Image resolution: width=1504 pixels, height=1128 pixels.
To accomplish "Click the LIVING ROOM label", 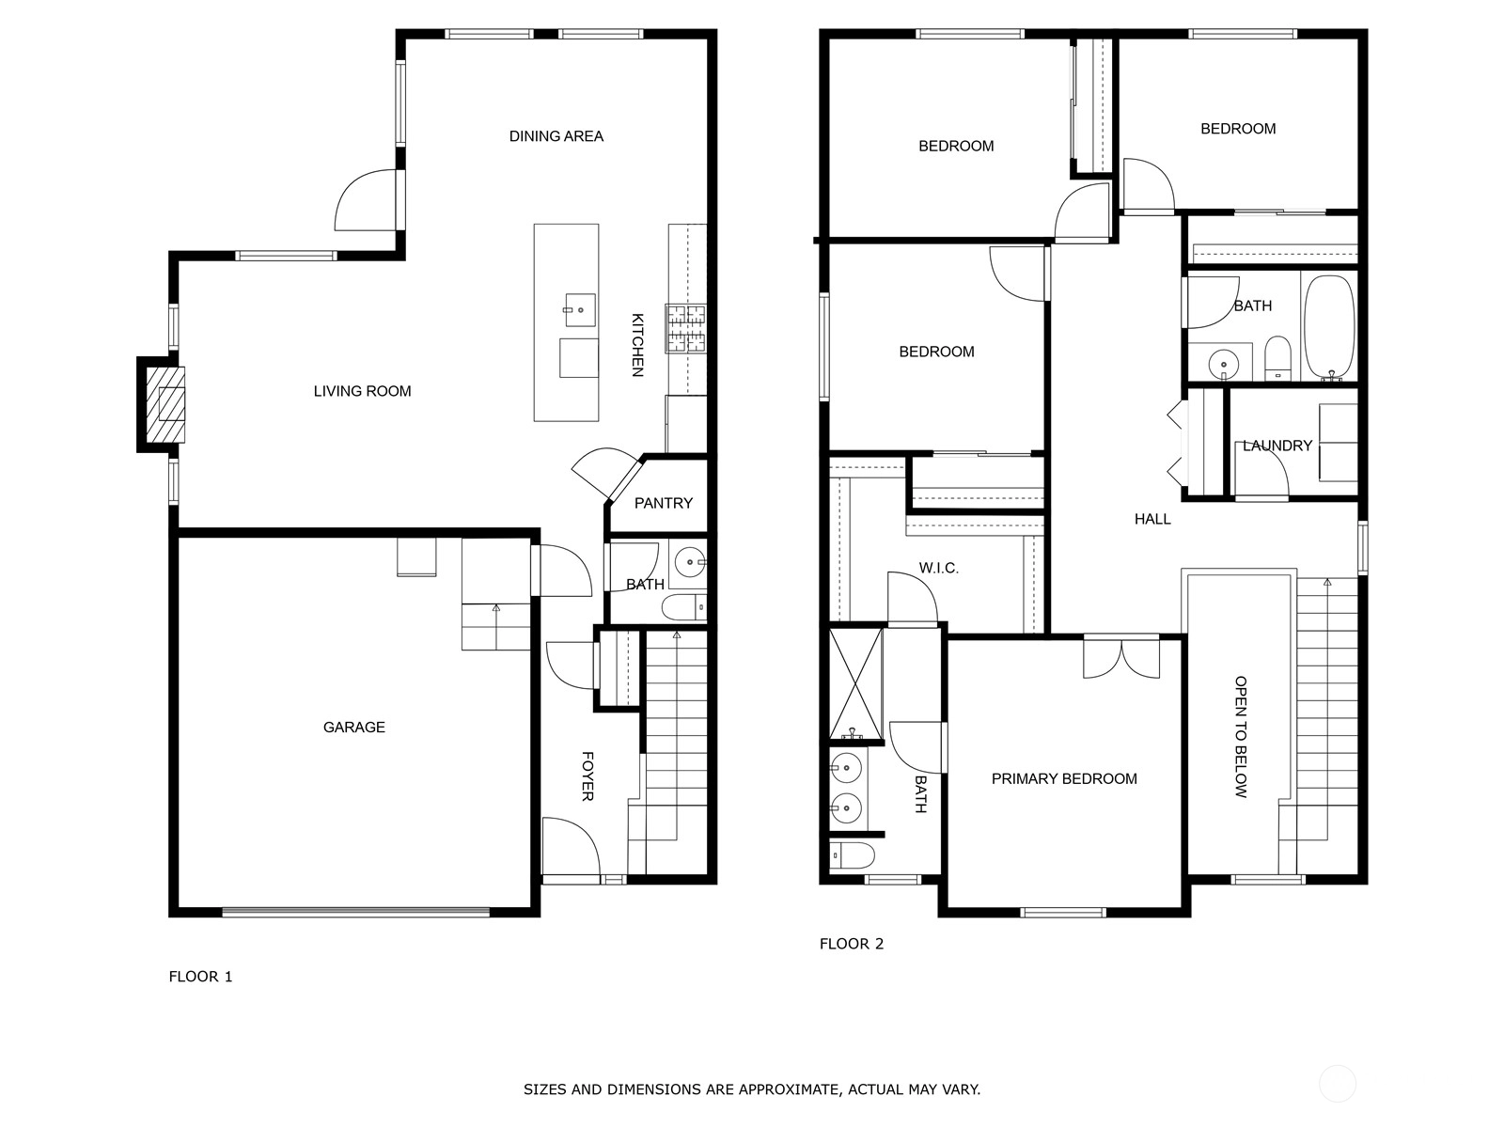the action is (x=362, y=391).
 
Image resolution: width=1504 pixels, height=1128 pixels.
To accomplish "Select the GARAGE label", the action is (x=353, y=727).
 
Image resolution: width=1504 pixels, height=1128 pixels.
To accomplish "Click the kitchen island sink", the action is (x=580, y=310).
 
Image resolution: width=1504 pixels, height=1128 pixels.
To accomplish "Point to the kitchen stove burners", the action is (x=685, y=329).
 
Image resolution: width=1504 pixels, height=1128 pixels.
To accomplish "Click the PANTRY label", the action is (x=664, y=504).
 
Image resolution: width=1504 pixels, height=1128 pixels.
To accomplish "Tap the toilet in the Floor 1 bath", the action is (x=683, y=607).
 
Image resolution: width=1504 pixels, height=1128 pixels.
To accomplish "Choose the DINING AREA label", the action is (x=556, y=136).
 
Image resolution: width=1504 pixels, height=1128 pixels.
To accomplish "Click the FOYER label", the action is (x=587, y=776).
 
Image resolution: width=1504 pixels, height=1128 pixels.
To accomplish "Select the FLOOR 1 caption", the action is (x=201, y=977).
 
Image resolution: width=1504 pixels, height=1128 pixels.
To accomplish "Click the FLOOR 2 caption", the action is (x=852, y=944).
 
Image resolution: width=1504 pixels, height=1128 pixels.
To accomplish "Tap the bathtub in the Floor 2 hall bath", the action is (x=1328, y=327).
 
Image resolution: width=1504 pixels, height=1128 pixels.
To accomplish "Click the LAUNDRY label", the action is (x=1277, y=446).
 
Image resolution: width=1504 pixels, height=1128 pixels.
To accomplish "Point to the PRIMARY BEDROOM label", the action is (x=1064, y=778).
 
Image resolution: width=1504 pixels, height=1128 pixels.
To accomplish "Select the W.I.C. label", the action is (x=938, y=568).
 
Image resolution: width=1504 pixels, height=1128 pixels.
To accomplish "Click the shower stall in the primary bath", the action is (x=855, y=684).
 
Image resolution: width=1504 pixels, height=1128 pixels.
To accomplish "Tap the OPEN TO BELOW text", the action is (x=1240, y=737).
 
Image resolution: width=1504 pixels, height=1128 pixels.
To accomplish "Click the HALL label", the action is (x=1152, y=519).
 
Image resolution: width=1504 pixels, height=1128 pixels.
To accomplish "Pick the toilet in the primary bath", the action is (x=853, y=855).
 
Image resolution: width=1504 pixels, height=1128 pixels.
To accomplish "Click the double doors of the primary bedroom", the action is (x=1121, y=657).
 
